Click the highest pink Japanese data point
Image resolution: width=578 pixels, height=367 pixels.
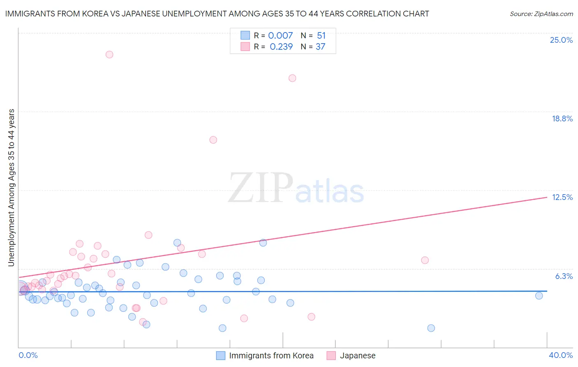(x=109, y=54)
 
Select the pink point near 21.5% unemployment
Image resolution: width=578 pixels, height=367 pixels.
(x=292, y=78)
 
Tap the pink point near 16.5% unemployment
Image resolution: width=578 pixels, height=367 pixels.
(x=213, y=140)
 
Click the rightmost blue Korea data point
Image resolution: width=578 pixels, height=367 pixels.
(x=539, y=295)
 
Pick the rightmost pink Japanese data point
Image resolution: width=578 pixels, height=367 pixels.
(x=425, y=260)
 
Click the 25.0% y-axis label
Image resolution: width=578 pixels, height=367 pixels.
(x=561, y=40)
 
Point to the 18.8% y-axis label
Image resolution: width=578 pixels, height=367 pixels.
(x=562, y=118)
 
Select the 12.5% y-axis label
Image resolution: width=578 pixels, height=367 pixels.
(x=562, y=197)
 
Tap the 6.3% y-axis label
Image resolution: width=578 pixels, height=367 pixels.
(x=564, y=276)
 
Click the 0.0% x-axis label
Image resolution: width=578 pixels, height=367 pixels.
(x=28, y=355)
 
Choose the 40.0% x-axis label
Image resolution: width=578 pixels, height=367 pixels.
(x=560, y=355)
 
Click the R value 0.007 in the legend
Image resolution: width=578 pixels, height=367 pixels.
(x=280, y=35)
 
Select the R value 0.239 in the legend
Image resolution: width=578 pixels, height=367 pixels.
(x=281, y=46)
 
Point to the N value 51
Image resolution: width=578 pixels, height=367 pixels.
(x=321, y=35)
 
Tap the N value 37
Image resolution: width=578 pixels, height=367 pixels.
(x=320, y=46)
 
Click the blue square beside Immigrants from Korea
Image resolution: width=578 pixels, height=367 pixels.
(x=221, y=355)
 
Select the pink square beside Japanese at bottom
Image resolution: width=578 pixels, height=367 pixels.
(x=331, y=355)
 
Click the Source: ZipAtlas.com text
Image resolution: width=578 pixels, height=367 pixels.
(x=541, y=14)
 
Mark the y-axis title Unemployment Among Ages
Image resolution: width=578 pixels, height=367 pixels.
(x=11, y=187)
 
